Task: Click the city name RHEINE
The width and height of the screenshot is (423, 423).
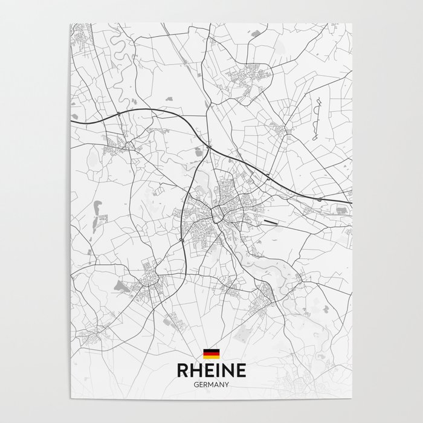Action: pos(211,370)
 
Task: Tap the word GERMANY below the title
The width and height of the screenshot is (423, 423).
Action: pos(211,384)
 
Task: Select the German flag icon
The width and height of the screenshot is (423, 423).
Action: pos(211,354)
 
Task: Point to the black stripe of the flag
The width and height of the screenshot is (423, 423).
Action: pos(211,350)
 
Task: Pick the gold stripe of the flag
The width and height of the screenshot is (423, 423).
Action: pos(211,357)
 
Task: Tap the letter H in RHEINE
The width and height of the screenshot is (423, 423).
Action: pos(195,370)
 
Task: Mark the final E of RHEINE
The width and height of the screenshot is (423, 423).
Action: pos(240,370)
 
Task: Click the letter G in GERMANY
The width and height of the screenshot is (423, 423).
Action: pos(196,384)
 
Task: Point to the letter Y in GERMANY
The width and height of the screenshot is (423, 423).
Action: pos(227,384)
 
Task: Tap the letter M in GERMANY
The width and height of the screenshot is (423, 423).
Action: pos(211,384)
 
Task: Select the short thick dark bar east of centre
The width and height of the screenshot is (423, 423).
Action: pos(273,222)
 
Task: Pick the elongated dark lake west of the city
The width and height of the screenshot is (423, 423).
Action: pos(95,215)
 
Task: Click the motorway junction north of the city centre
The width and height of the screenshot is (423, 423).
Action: pos(208,147)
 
